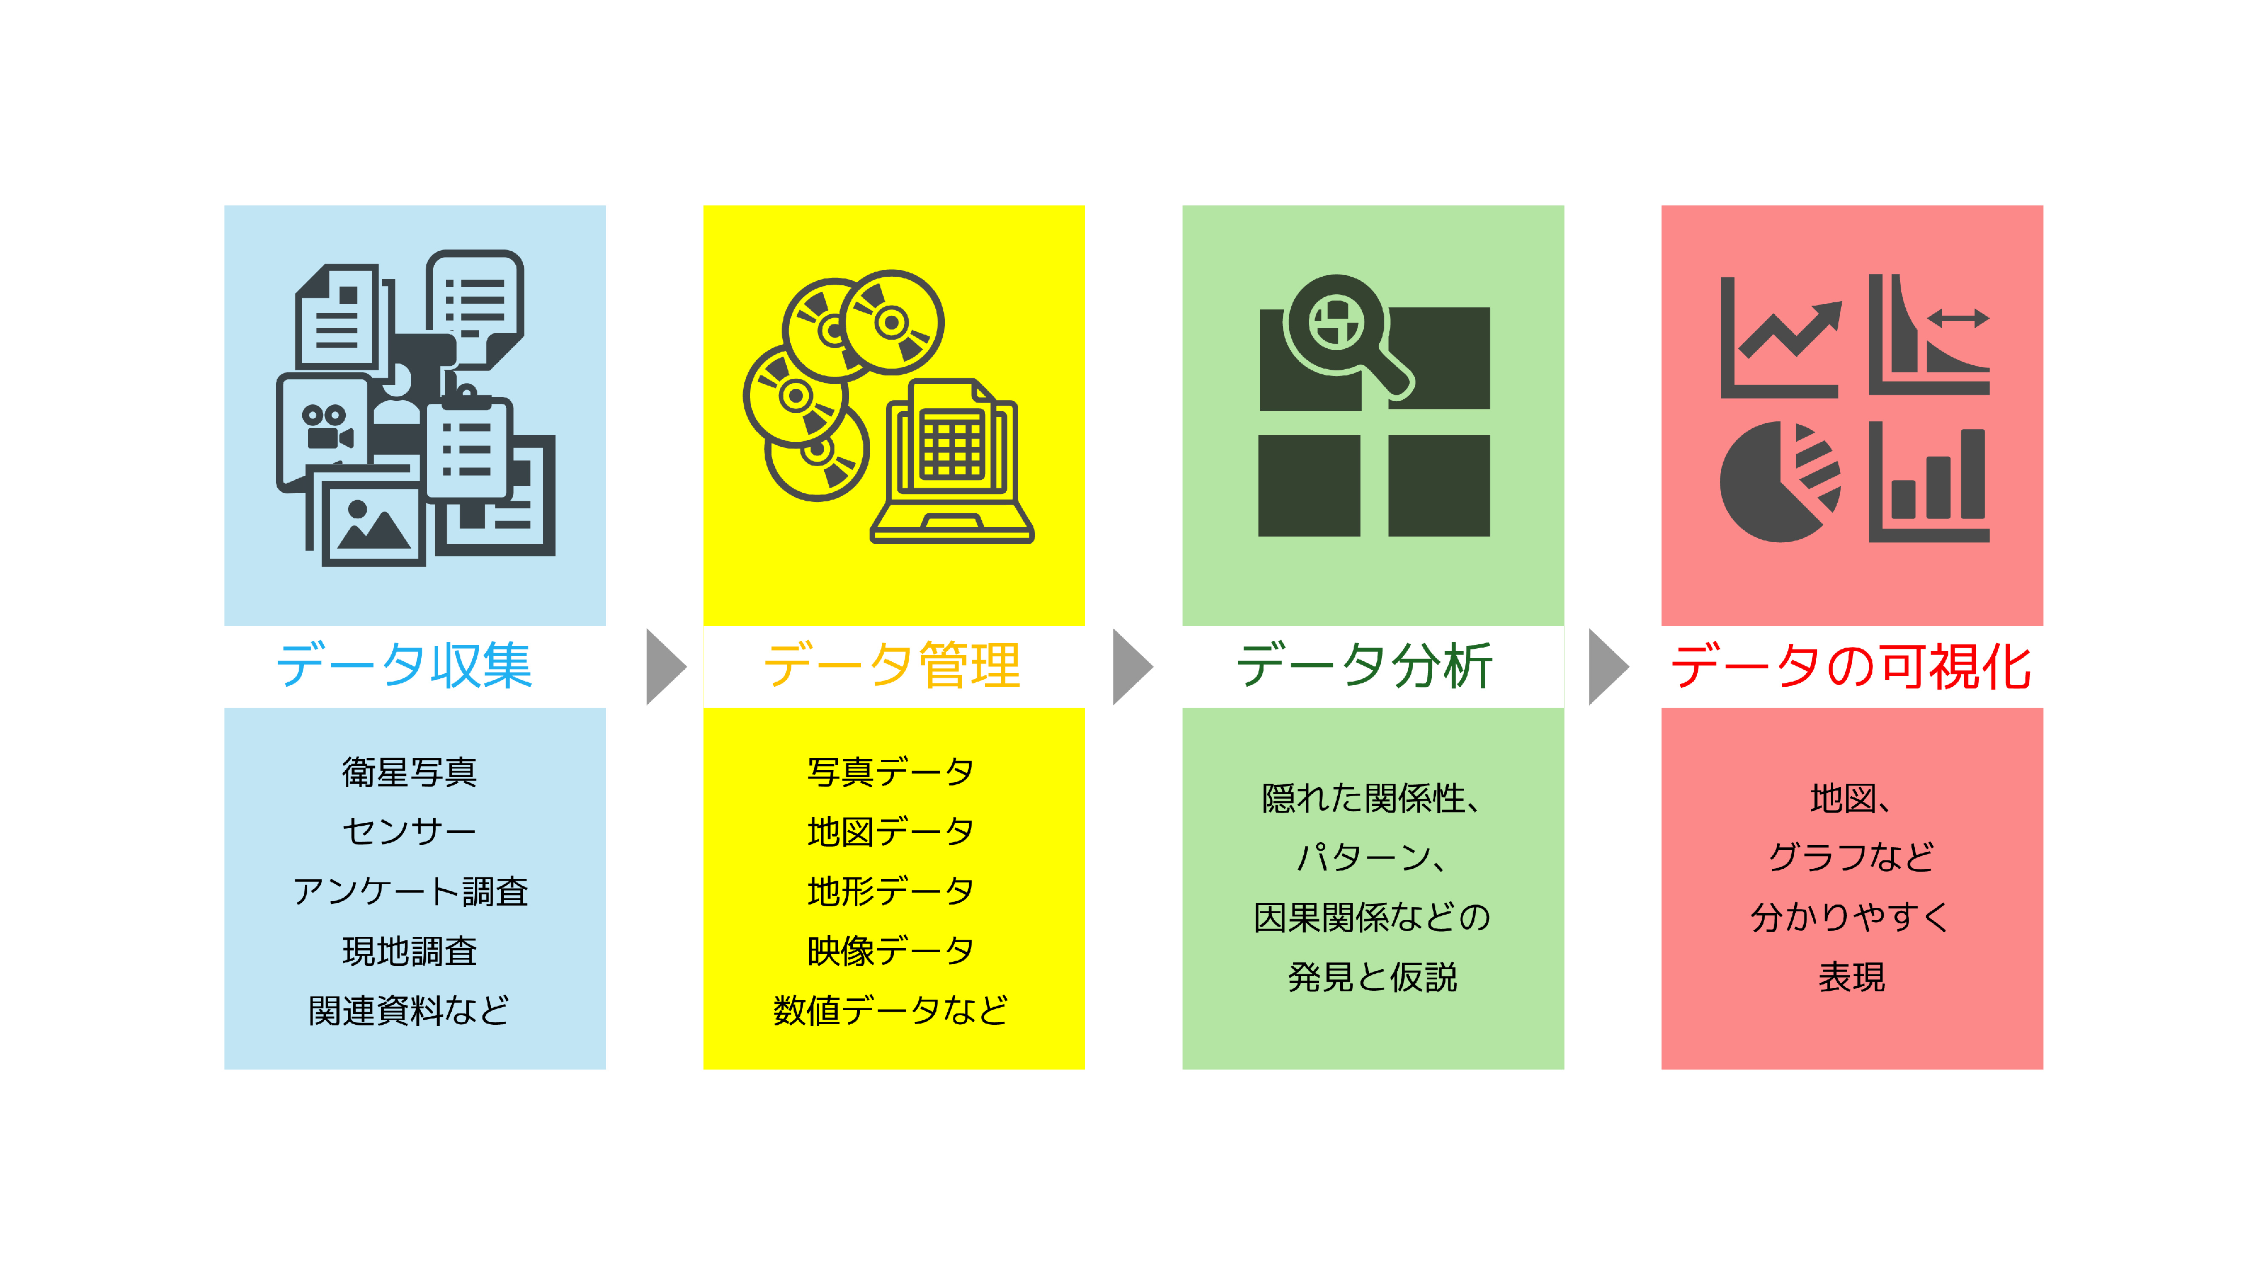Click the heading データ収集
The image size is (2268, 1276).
[x=404, y=666]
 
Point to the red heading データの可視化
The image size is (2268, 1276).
[x=1851, y=666]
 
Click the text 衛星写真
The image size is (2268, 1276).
[x=409, y=772]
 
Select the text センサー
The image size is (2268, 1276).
[x=409, y=831]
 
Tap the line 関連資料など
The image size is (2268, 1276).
[x=409, y=1010]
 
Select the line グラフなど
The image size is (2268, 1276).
[x=1851, y=857]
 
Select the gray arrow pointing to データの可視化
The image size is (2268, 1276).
[x=1609, y=666]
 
